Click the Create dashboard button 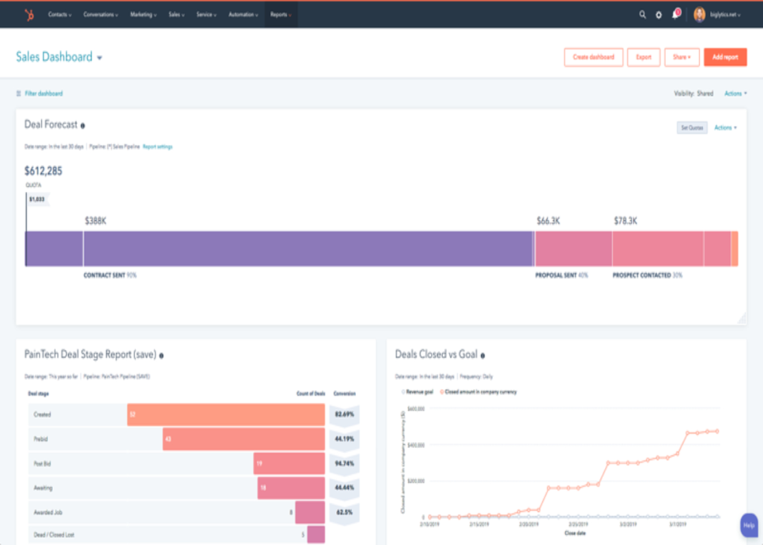point(594,57)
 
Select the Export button point(643,57)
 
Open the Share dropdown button point(681,57)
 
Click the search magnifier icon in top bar point(643,14)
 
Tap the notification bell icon point(675,14)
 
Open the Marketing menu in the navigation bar point(143,14)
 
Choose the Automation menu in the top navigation point(243,14)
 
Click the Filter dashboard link point(43,93)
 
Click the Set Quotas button point(692,128)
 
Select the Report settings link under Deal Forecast point(157,147)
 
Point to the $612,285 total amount point(43,171)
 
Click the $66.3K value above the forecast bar point(548,221)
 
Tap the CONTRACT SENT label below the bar point(104,276)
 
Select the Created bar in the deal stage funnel point(225,414)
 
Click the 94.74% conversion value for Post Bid point(344,464)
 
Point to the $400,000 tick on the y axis point(416,445)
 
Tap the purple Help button point(749,525)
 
